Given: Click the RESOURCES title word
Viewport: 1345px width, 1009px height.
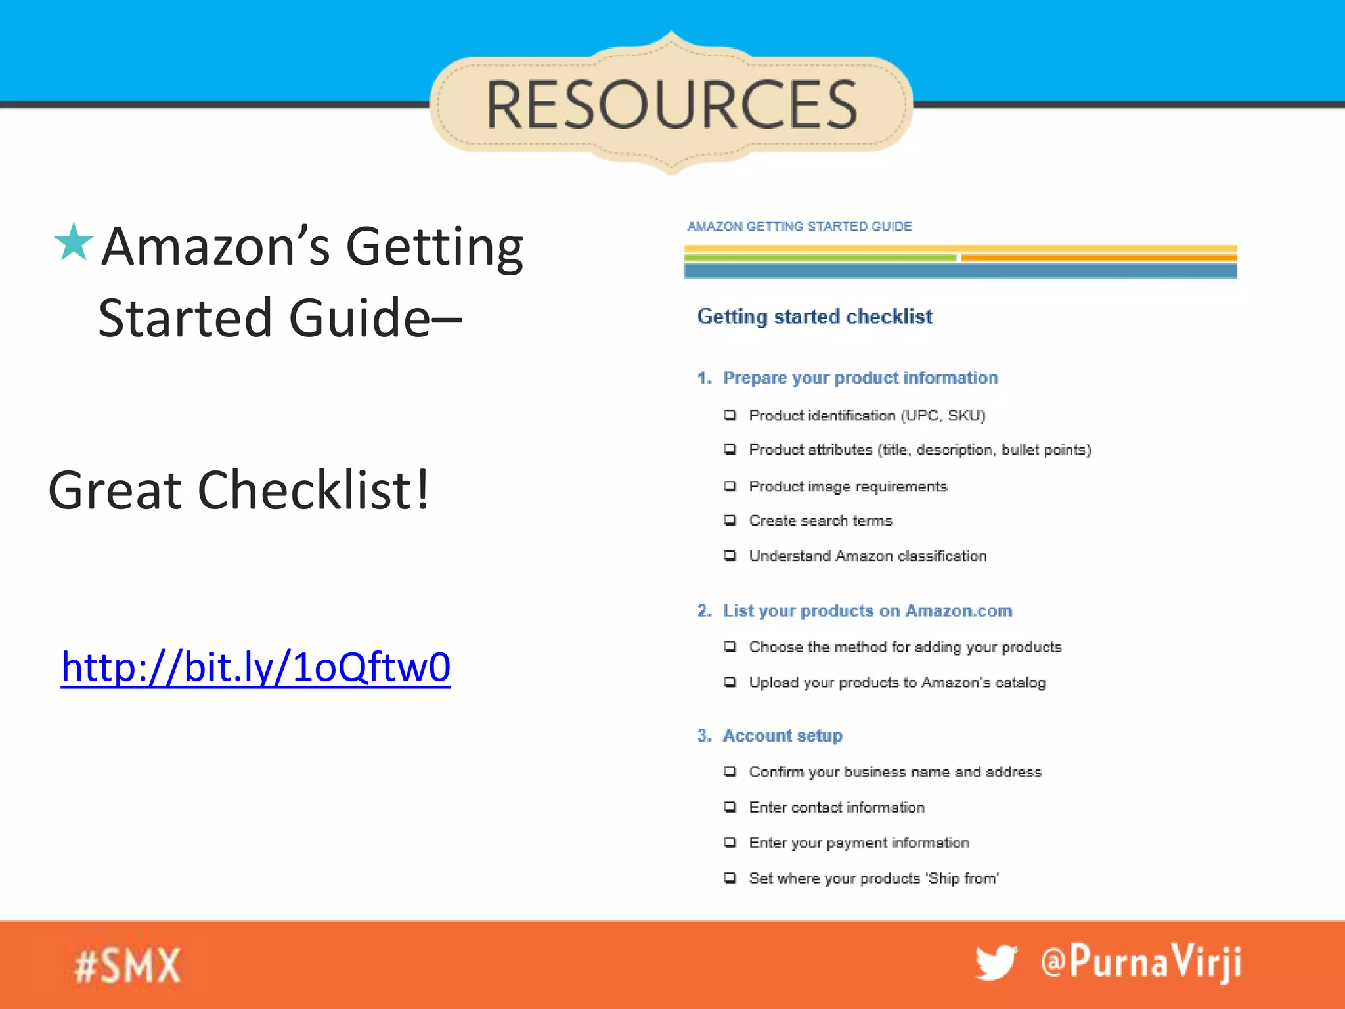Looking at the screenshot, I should tap(671, 105).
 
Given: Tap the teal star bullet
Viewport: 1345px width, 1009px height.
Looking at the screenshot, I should tap(73, 242).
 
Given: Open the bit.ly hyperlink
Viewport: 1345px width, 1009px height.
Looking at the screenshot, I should tap(255, 667).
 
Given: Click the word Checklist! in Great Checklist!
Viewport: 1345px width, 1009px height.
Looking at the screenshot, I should tap(313, 490).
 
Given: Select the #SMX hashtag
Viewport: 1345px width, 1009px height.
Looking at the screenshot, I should tap(127, 966).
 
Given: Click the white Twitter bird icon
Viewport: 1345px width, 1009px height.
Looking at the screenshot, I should tap(996, 964).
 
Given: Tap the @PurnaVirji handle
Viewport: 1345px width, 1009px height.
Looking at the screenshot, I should tap(1141, 962).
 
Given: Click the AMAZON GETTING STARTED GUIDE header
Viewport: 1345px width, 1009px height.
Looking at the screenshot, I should tap(799, 227).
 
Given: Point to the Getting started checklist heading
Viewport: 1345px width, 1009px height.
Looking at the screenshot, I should tap(814, 317).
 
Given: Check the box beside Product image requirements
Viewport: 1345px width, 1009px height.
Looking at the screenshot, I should tap(730, 486).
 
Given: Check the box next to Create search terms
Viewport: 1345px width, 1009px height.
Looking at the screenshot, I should tap(730, 520).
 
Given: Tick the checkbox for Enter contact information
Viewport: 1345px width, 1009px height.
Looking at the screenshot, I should tap(730, 807).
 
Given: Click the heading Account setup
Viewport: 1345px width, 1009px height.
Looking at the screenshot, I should tap(782, 736).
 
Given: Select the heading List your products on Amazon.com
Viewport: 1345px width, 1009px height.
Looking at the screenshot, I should tap(867, 611).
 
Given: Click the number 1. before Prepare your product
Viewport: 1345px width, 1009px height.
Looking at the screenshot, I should tap(704, 378).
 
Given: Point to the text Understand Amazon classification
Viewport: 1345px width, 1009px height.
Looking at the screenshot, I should tap(868, 556).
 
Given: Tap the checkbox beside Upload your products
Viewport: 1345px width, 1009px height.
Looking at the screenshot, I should tap(730, 682).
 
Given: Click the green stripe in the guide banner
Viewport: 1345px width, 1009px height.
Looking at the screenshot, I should tap(820, 258).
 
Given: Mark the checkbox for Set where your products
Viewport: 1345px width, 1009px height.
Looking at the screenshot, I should tap(730, 878).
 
